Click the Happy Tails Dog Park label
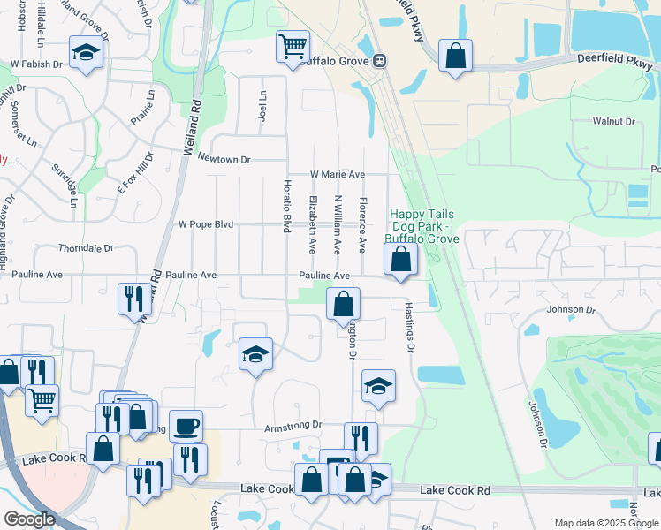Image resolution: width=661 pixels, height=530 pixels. pyautogui.click(x=423, y=226)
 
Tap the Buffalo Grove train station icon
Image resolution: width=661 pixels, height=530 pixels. pyautogui.click(x=379, y=61)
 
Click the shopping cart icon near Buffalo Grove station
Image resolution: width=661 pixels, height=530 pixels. pyautogui.click(x=293, y=45)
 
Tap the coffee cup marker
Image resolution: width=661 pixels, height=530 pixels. pyautogui.click(x=186, y=426)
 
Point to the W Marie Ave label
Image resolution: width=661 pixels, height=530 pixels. pyautogui.click(x=337, y=175)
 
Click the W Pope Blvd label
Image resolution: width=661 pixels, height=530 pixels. pyautogui.click(x=206, y=224)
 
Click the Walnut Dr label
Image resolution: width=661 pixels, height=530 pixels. pyautogui.click(x=614, y=121)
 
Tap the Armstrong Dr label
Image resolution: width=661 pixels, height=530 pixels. pyautogui.click(x=293, y=426)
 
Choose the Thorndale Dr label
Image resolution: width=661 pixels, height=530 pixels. pyautogui.click(x=87, y=248)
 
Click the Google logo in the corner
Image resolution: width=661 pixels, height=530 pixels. pyautogui.click(x=29, y=519)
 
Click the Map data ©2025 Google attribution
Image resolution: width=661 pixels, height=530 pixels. pyautogui.click(x=605, y=523)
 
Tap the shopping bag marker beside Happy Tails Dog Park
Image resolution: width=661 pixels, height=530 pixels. pyautogui.click(x=400, y=259)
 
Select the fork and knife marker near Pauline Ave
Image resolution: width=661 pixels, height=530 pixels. pyautogui.click(x=133, y=298)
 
